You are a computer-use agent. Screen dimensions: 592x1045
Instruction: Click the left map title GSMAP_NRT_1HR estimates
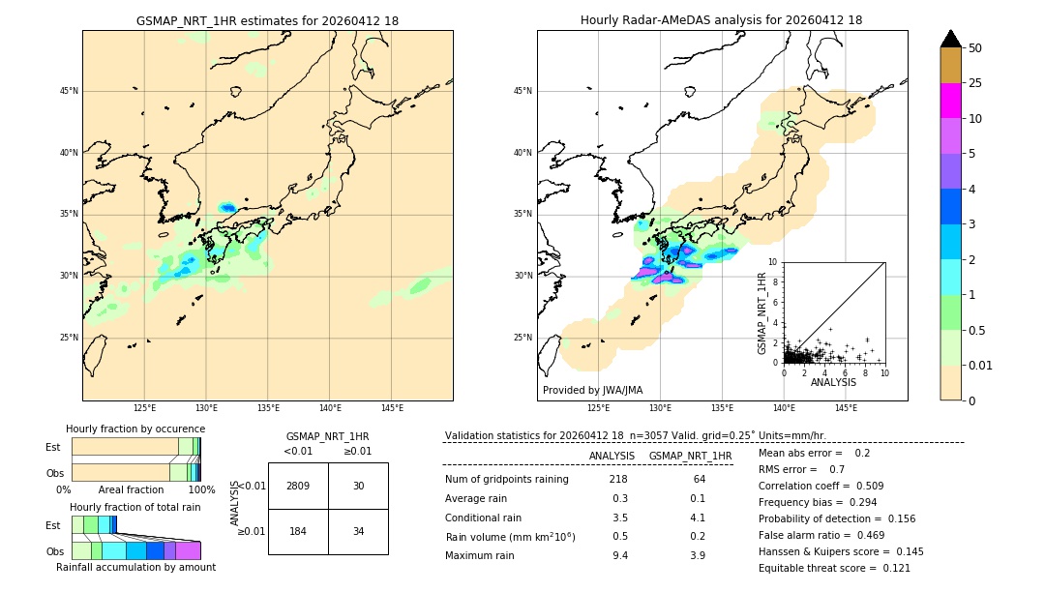tap(267, 20)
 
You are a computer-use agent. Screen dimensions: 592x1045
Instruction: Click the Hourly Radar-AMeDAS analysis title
tap(722, 20)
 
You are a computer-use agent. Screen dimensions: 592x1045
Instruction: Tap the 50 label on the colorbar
tap(975, 48)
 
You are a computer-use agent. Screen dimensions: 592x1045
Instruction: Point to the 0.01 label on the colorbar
tap(981, 365)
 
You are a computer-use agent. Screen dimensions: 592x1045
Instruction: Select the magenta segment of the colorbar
tap(951, 101)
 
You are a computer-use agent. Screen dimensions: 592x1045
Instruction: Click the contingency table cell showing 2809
tap(298, 486)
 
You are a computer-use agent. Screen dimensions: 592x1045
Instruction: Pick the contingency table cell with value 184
tap(298, 531)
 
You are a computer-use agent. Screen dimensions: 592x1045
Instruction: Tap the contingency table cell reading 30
tap(358, 486)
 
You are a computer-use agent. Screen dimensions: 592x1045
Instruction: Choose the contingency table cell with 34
tap(358, 531)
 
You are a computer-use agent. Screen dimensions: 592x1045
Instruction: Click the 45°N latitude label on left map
tap(69, 91)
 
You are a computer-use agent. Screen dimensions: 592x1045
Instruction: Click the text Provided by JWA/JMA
tap(592, 391)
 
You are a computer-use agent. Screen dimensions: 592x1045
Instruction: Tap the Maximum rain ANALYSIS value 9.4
tap(619, 555)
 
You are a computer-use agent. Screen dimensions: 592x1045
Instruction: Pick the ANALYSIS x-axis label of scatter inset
tap(833, 383)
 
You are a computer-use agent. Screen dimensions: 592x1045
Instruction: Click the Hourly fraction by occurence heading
tap(135, 429)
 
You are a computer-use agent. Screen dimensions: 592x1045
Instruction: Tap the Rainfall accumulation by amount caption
tap(135, 567)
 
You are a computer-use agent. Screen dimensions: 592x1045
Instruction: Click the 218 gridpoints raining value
tap(618, 480)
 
